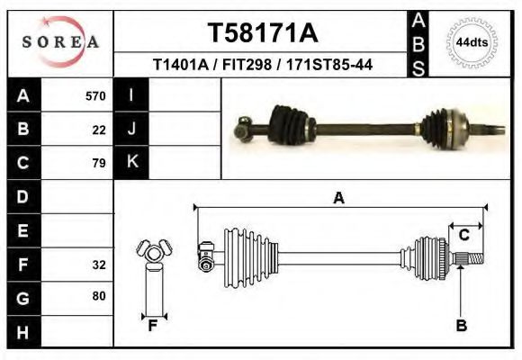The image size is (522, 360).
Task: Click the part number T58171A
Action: (263, 33)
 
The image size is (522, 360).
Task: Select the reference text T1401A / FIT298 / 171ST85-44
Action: (263, 65)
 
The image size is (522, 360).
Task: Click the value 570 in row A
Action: (95, 95)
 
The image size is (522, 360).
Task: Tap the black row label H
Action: (23, 332)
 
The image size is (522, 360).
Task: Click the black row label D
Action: (23, 196)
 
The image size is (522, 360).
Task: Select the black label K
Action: (131, 162)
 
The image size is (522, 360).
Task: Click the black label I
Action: (131, 95)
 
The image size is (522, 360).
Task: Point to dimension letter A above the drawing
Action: (339, 197)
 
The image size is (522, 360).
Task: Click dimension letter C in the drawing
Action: (464, 235)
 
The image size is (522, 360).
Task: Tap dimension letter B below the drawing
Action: (461, 326)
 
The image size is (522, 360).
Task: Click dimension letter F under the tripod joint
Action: (153, 326)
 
